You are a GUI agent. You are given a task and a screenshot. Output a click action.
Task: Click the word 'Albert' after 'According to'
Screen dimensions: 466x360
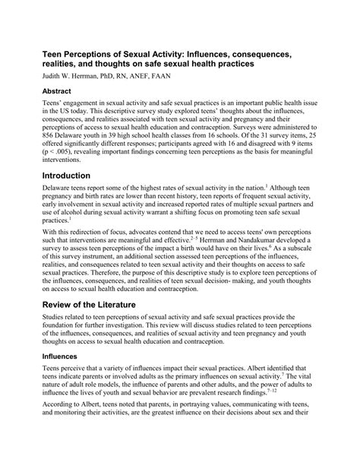91,430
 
